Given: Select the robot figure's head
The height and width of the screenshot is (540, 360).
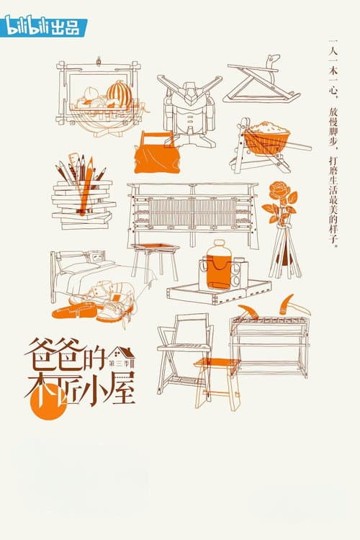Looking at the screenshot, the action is [190, 92].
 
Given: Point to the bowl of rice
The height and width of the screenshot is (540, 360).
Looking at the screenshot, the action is [267, 137].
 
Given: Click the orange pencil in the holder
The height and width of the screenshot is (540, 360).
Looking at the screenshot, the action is [87, 184].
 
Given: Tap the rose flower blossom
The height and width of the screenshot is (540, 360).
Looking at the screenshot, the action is [280, 190].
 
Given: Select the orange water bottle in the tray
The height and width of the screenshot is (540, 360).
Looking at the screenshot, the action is [220, 265].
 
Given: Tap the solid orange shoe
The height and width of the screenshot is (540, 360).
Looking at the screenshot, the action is [74, 312].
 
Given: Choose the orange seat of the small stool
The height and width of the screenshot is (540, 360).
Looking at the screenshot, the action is [217, 362].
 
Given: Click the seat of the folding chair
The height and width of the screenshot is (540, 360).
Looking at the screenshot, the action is [184, 347].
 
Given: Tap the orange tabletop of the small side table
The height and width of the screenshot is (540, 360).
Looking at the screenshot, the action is [155, 246].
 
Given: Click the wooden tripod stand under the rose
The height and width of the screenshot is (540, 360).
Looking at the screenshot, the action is [285, 252].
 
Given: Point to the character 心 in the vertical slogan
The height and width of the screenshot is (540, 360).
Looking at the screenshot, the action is [333, 89].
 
